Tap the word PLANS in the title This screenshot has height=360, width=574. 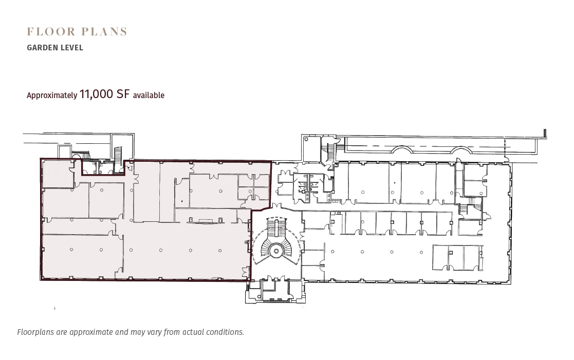pyautogui.click(x=103, y=32)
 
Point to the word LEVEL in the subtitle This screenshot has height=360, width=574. pyautogui.click(x=71, y=48)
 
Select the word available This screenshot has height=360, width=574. pyautogui.click(x=149, y=95)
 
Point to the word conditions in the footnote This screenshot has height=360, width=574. pyautogui.click(x=224, y=332)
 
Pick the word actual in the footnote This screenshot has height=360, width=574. pyautogui.click(x=190, y=332)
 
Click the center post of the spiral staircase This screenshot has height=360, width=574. pyautogui.click(x=276, y=251)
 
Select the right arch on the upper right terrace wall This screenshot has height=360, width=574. pyautogui.click(x=460, y=150)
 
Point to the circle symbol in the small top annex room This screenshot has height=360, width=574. pyautogui.click(x=306, y=139)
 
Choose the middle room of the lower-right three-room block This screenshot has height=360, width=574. pyautogui.click(x=456, y=257)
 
